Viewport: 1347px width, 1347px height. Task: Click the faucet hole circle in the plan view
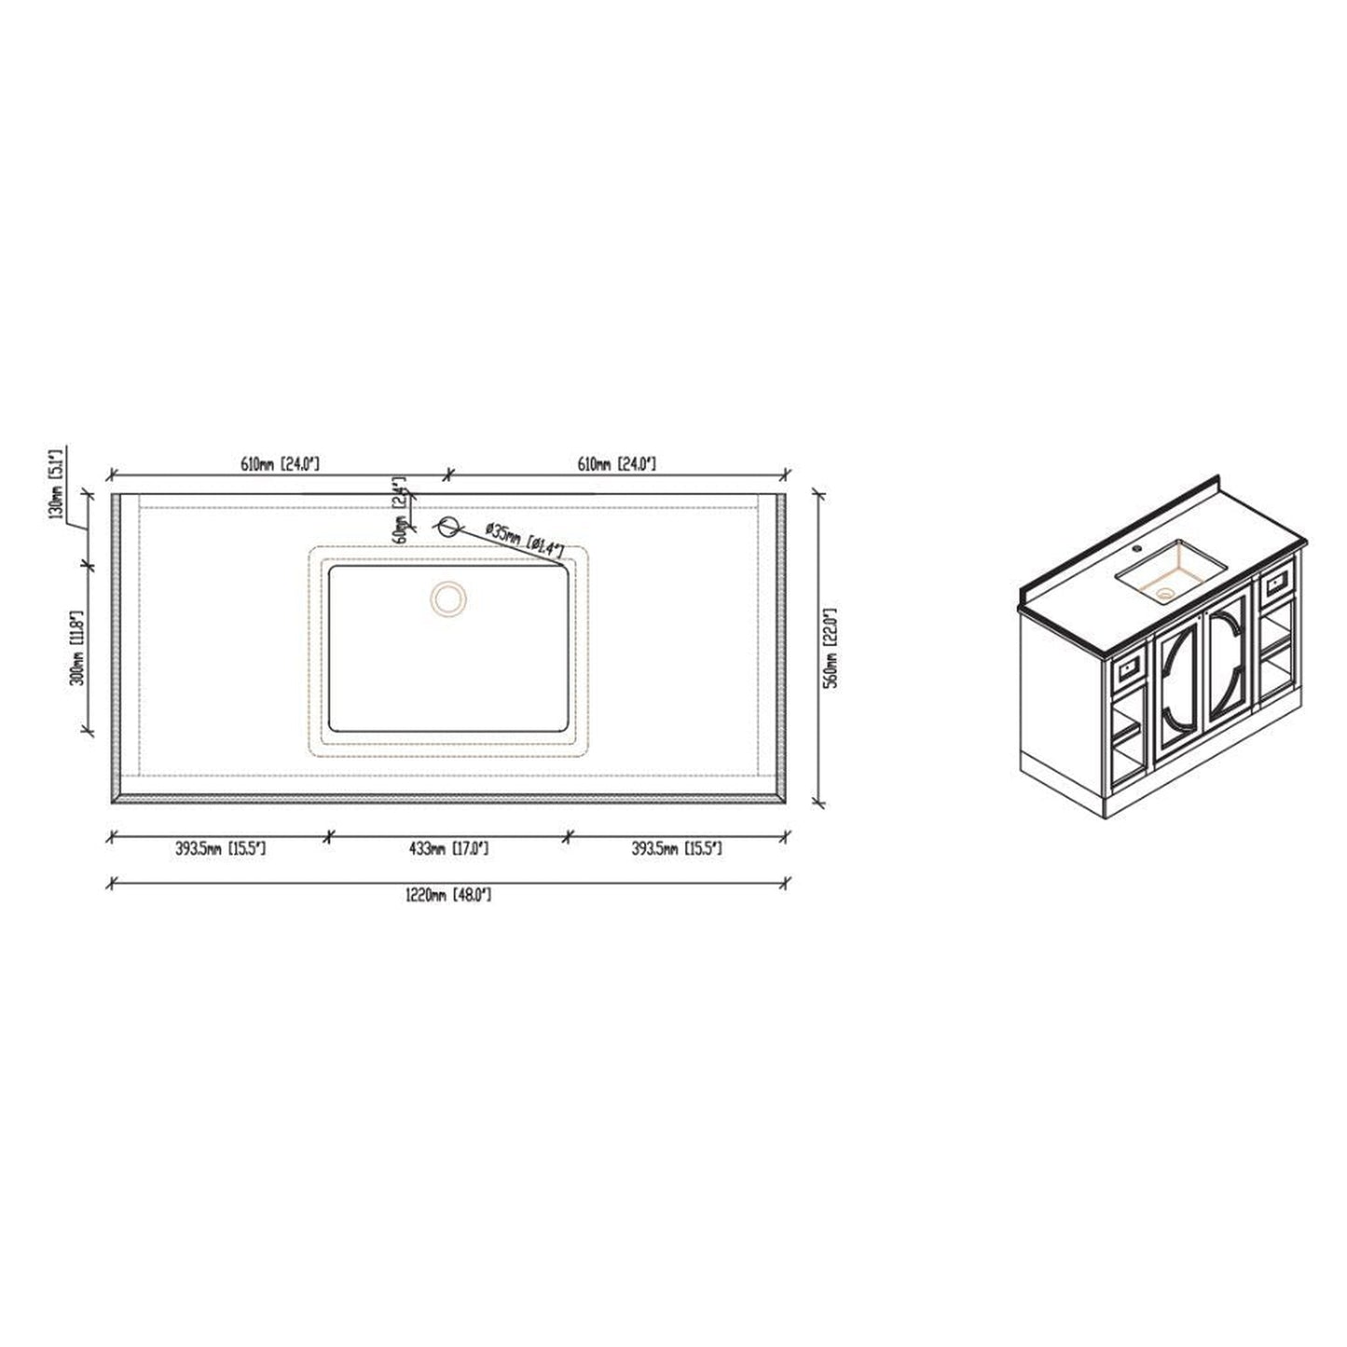[x=448, y=526]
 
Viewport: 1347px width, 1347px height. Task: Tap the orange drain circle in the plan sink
[x=448, y=598]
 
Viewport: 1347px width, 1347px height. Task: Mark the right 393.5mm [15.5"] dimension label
[x=677, y=848]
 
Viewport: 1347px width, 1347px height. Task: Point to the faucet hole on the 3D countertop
[x=1136, y=549]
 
